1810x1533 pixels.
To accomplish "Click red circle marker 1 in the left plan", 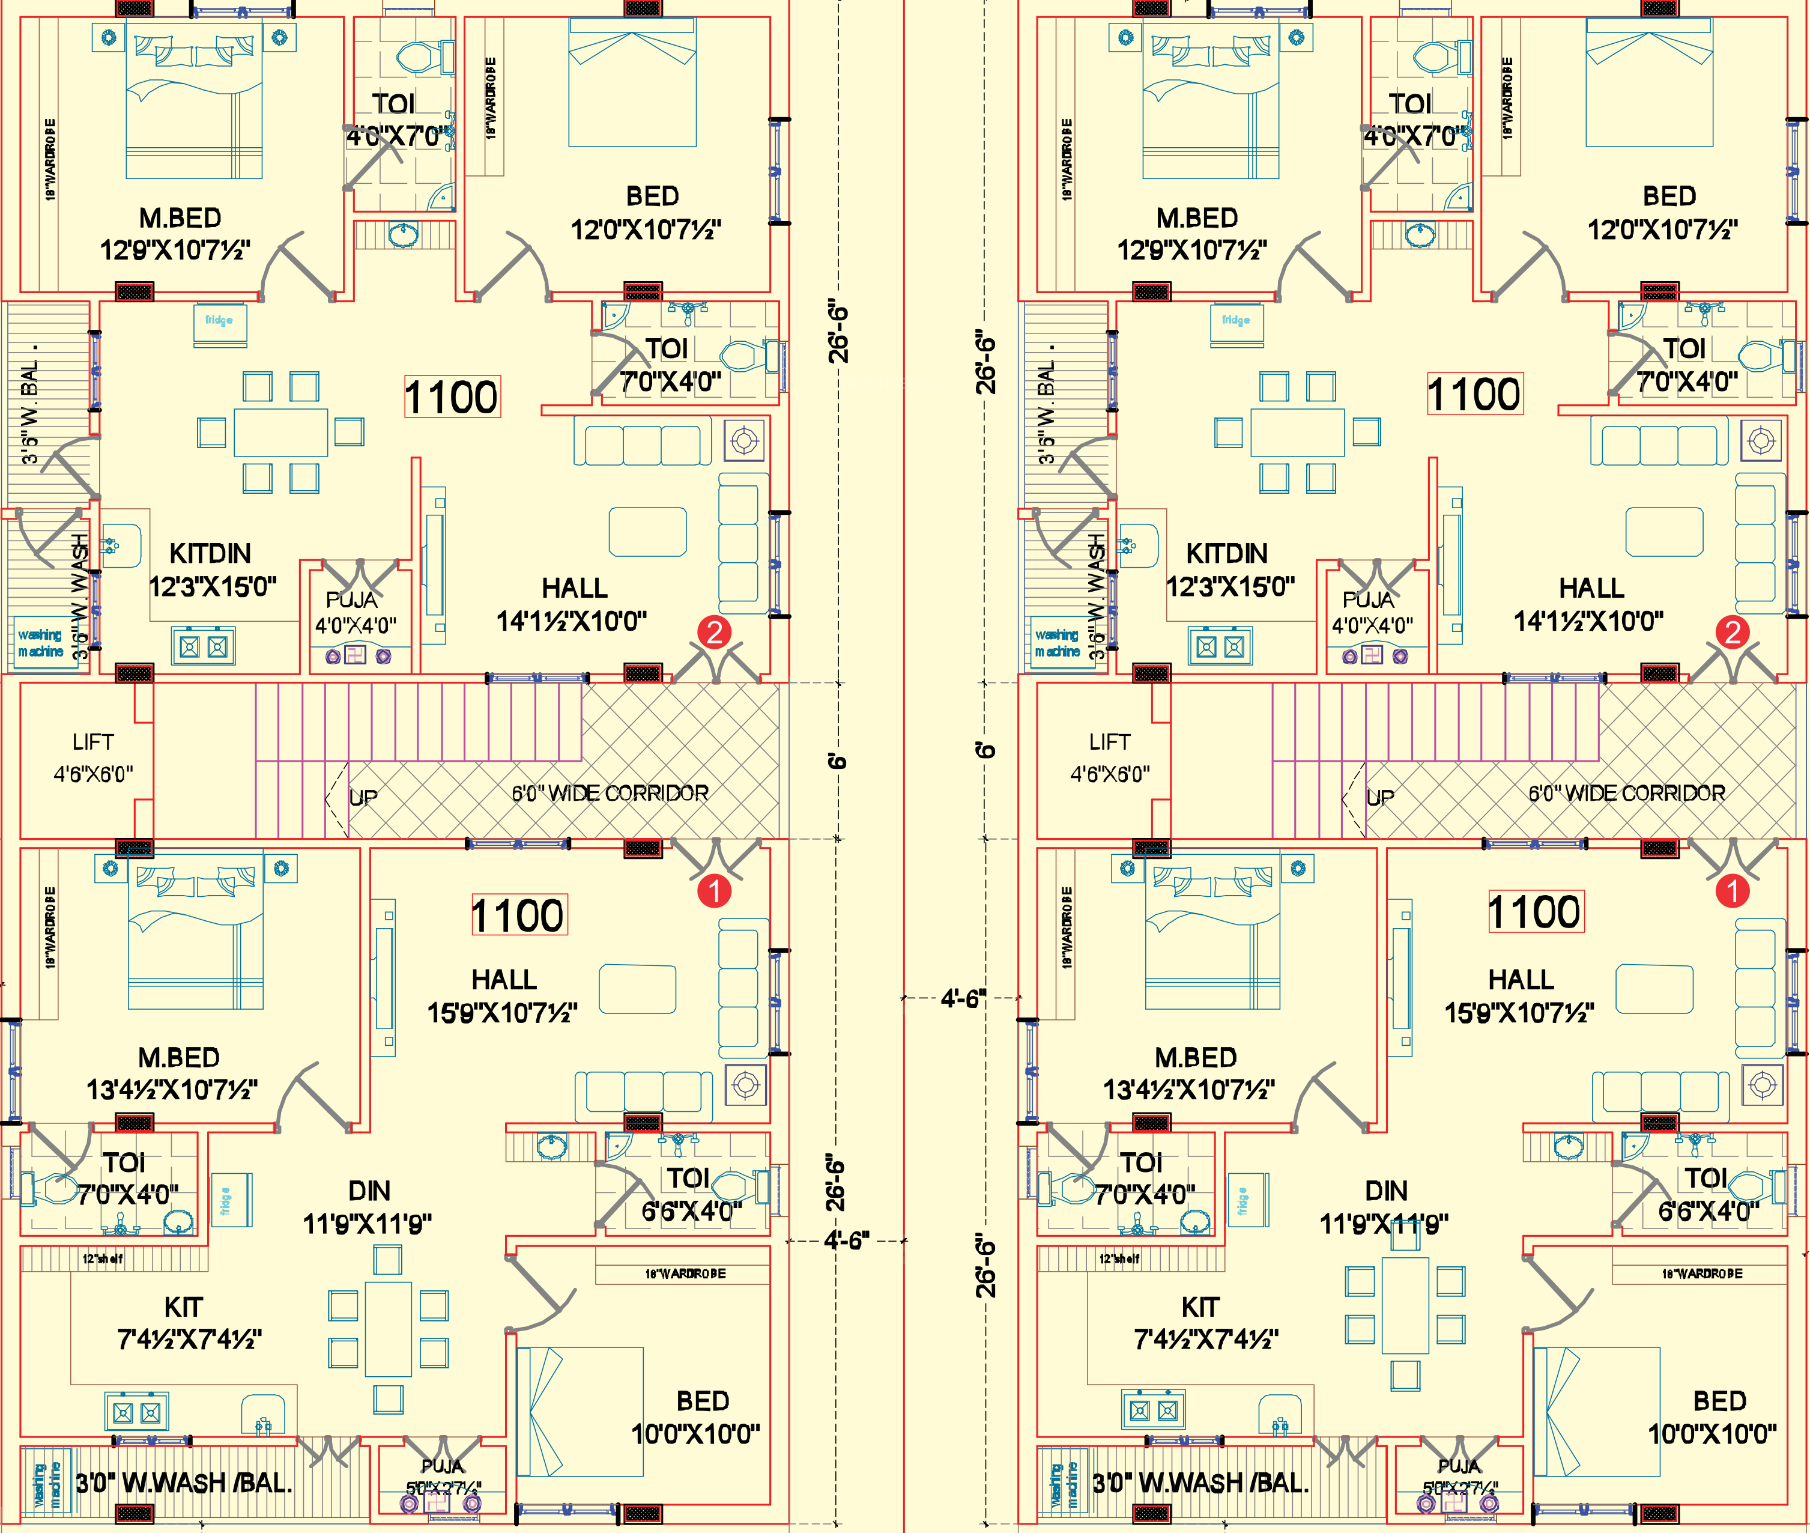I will tap(714, 890).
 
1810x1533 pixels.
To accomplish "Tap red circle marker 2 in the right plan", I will tap(1732, 632).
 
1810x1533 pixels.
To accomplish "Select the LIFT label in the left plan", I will tap(93, 742).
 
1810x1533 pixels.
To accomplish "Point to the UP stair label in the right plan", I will tap(1380, 797).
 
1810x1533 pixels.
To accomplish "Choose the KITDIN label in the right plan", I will tap(1227, 554).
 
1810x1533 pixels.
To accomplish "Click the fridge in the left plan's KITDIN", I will tap(219, 324).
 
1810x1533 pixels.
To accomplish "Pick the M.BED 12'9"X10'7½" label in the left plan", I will tap(177, 234).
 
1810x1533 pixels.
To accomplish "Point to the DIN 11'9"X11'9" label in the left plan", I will tap(369, 1207).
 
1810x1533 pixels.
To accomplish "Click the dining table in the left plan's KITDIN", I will tap(280, 432).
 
